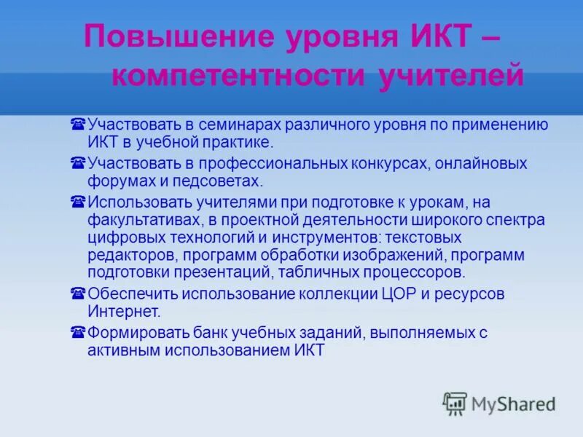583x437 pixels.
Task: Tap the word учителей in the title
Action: (x=450, y=76)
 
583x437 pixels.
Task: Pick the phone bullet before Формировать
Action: (x=78, y=333)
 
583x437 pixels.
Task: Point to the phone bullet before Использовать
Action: (x=78, y=202)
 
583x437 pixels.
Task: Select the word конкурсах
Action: (x=387, y=163)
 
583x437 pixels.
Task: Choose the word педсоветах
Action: (x=221, y=180)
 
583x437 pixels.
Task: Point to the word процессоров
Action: (x=418, y=273)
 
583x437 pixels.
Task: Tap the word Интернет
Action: (x=123, y=312)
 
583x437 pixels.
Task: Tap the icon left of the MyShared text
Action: (x=455, y=403)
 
